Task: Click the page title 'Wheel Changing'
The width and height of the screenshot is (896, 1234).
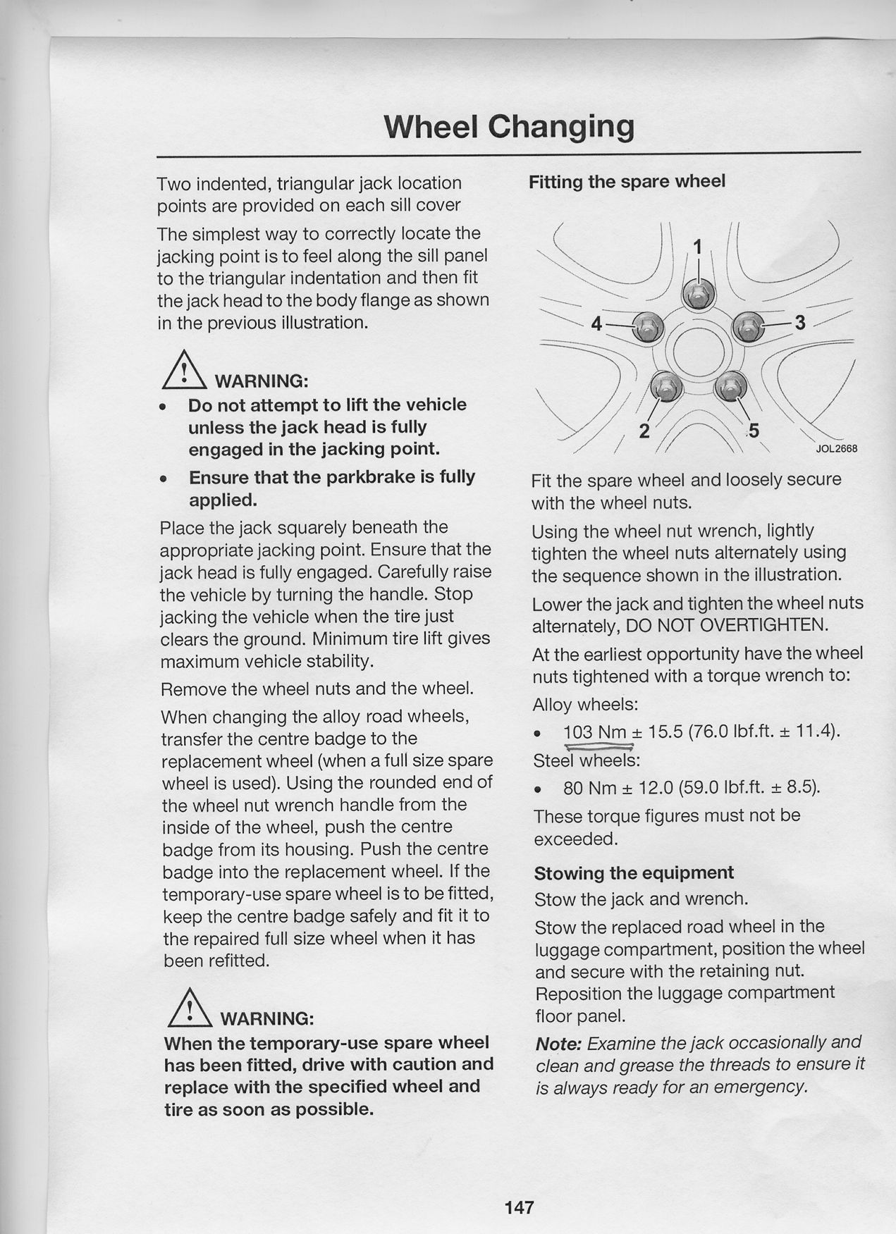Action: (x=508, y=127)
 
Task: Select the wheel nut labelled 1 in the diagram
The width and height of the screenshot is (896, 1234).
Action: (x=698, y=293)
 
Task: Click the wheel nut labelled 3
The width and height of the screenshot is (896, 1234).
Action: (x=747, y=326)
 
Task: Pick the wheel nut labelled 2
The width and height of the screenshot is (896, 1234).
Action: (x=665, y=385)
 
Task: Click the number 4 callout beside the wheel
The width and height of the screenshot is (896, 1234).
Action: (x=596, y=324)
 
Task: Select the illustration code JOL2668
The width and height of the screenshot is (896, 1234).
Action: (x=837, y=449)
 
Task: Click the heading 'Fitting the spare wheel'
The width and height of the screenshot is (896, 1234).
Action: (x=627, y=182)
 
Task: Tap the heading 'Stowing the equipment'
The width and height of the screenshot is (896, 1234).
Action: (x=634, y=873)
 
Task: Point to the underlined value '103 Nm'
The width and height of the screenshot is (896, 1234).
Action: (x=595, y=733)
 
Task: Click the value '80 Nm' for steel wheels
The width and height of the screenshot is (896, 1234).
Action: (x=589, y=787)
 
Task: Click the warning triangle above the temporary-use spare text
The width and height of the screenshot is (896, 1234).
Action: (x=189, y=1008)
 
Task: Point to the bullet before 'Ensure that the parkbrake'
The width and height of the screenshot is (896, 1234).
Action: (x=164, y=479)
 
